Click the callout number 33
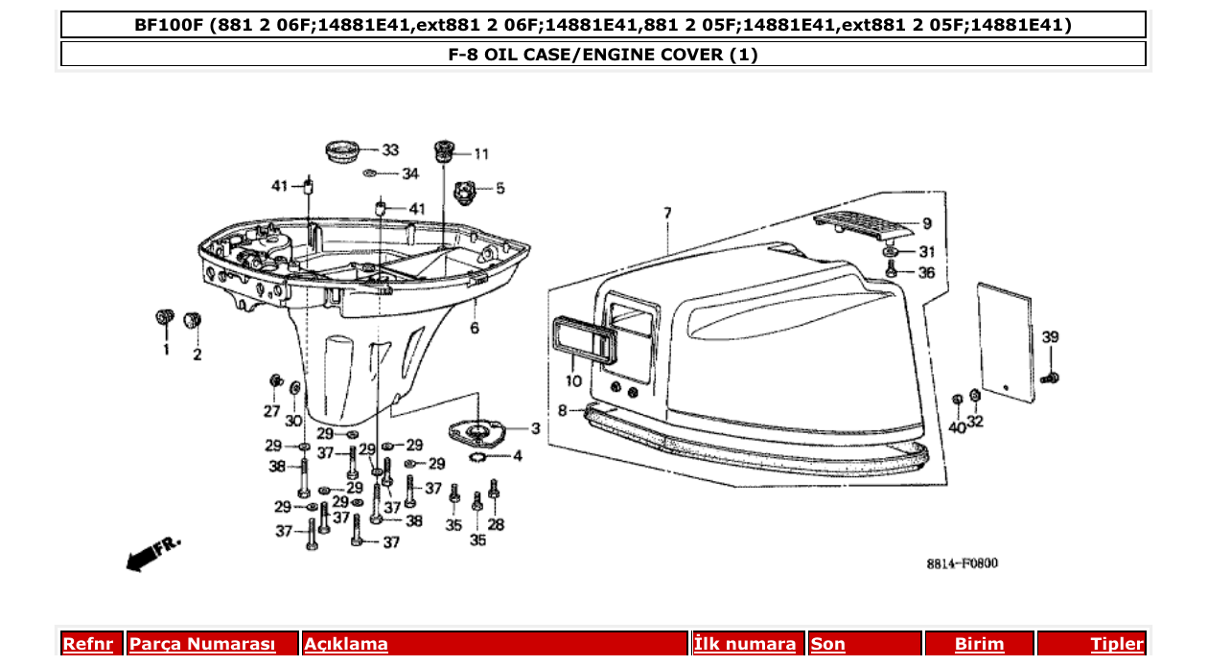pyautogui.click(x=390, y=150)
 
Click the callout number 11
pyautogui.click(x=480, y=153)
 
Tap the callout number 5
pyautogui.click(x=499, y=189)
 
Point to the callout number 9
pyautogui.click(x=926, y=224)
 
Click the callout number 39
pyautogui.click(x=1051, y=337)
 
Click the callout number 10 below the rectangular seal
pyautogui.click(x=572, y=381)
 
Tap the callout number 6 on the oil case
pyautogui.click(x=474, y=329)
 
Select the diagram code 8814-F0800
pyautogui.click(x=962, y=563)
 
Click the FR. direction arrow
pyautogui.click(x=151, y=554)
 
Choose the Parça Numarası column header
pyautogui.click(x=202, y=644)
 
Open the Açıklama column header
pyautogui.click(x=346, y=644)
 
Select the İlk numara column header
pyautogui.click(x=744, y=644)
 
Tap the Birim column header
pyautogui.click(x=979, y=644)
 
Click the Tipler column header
pyautogui.click(x=1117, y=644)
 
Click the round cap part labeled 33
pyautogui.click(x=341, y=150)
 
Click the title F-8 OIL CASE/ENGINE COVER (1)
pyautogui.click(x=603, y=55)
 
